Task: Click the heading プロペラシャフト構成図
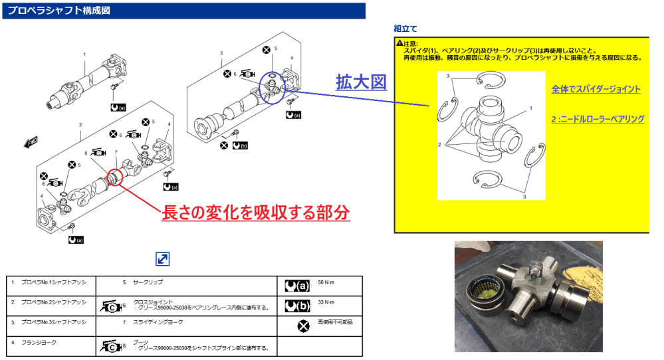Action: [59, 11]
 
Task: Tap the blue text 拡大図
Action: [361, 83]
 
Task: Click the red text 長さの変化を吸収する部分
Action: [256, 212]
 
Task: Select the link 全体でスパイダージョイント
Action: [596, 89]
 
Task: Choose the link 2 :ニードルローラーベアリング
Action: [598, 119]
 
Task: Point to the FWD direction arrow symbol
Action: [31, 141]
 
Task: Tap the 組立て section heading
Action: [405, 29]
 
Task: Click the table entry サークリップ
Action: [148, 282]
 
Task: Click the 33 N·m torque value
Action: [326, 304]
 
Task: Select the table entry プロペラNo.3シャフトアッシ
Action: [55, 322]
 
